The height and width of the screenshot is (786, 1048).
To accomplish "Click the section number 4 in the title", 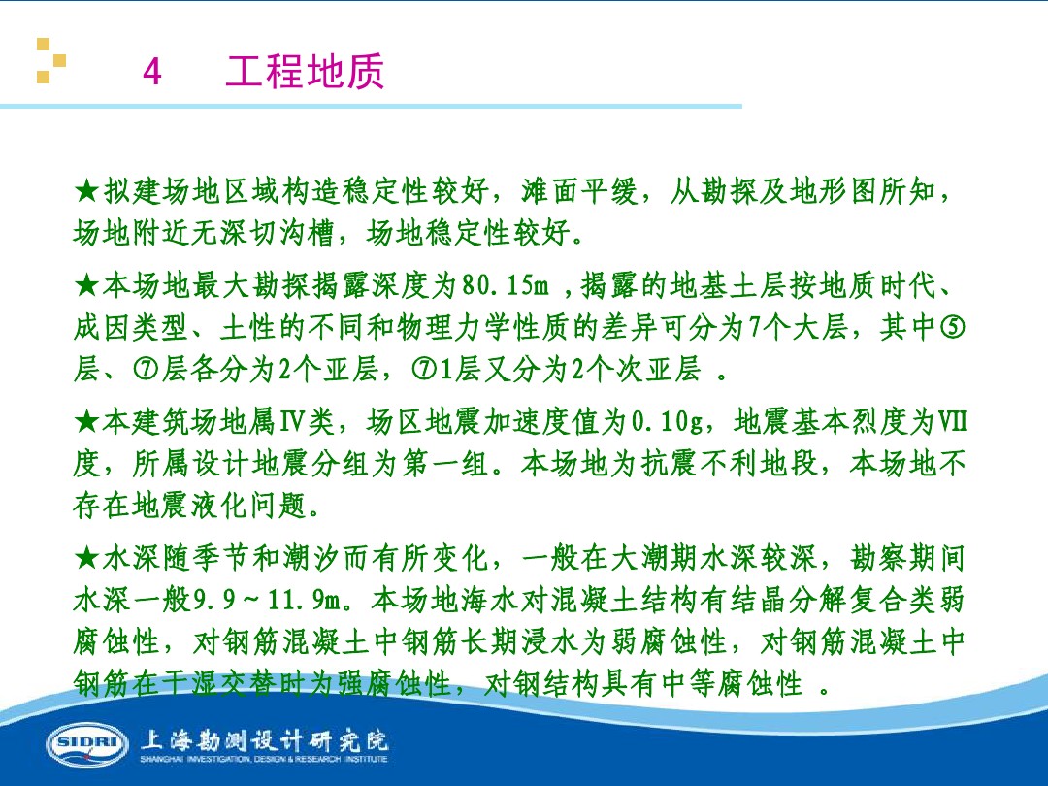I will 151,73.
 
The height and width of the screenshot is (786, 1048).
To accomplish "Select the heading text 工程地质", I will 305,72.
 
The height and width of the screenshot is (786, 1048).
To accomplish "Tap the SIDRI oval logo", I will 86,744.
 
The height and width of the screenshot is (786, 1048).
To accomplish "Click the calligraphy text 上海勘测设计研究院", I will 264,739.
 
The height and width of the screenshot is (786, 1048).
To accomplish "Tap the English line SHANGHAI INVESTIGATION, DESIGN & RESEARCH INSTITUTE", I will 264,759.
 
